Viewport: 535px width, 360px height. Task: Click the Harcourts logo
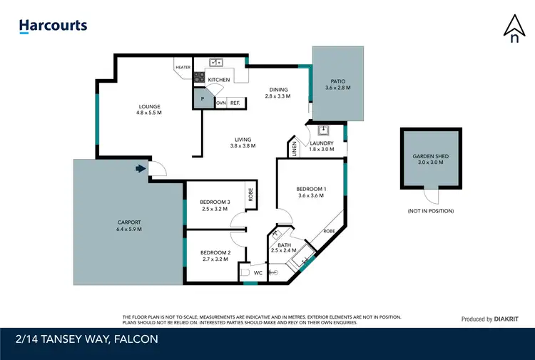53,26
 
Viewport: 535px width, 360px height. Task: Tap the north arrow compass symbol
514,29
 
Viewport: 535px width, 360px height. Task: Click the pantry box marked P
203,100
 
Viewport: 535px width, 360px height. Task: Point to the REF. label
235,103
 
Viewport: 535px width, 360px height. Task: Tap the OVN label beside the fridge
221,103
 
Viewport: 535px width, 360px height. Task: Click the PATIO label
339,81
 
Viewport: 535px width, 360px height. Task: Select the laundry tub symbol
323,130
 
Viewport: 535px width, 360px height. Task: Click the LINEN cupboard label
295,149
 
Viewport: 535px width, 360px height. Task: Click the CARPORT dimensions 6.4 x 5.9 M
129,230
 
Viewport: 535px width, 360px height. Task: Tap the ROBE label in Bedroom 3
250,195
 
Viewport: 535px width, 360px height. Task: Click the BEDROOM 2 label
215,252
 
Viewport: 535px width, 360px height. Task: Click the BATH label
284,245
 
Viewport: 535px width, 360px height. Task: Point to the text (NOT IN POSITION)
430,211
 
